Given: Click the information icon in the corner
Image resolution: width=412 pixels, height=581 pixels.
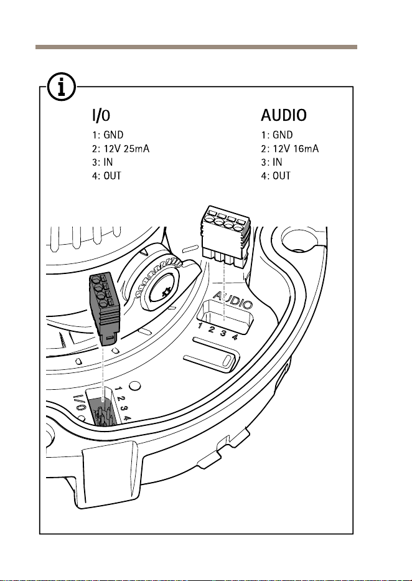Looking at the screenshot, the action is click(x=62, y=87).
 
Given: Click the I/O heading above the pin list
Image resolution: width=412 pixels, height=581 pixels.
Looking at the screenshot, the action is click(x=101, y=115).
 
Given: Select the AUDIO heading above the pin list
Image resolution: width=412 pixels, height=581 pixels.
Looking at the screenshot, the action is click(x=284, y=115).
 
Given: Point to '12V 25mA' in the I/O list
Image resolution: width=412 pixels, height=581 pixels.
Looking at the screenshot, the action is click(x=126, y=149).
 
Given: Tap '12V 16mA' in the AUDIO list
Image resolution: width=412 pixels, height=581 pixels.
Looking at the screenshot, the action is click(x=296, y=149).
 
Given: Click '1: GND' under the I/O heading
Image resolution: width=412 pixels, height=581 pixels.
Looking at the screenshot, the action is click(x=108, y=135).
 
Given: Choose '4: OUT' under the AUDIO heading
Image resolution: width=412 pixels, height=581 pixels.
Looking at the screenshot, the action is click(x=276, y=176).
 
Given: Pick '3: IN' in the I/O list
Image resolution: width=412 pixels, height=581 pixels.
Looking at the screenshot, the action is click(x=103, y=163).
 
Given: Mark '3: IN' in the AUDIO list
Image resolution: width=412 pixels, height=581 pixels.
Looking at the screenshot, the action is click(x=272, y=163).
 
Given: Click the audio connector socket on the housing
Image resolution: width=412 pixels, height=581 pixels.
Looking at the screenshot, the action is click(x=226, y=317).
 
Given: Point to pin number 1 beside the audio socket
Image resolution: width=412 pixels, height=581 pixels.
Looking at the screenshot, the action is click(x=200, y=326).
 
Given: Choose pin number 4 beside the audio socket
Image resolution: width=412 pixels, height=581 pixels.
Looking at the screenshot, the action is click(x=235, y=337).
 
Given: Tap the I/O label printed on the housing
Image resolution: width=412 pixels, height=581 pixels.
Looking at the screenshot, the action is click(x=80, y=404).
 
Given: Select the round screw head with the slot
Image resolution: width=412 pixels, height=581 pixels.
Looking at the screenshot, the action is click(x=165, y=292).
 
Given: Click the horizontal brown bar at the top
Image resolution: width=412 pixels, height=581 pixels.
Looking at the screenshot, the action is click(x=196, y=47).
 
